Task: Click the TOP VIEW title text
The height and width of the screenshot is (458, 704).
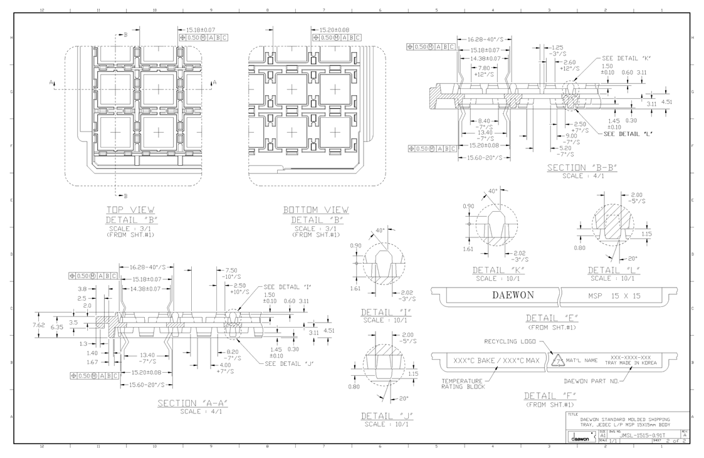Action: [x=130, y=209]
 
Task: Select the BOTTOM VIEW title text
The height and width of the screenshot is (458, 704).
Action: [x=316, y=209]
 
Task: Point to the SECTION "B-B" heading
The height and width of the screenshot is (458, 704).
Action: [x=582, y=167]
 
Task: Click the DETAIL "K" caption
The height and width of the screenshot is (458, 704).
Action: [x=499, y=270]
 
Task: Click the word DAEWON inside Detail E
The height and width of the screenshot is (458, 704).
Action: [x=513, y=295]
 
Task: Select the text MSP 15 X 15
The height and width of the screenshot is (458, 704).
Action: [x=614, y=296]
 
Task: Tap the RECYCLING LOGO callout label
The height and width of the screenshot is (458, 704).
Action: [x=509, y=341]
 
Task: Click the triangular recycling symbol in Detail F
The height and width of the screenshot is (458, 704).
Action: [x=557, y=362]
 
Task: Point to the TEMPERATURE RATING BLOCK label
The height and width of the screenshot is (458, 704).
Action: [x=462, y=383]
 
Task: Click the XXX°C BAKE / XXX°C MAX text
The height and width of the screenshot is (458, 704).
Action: [x=496, y=362]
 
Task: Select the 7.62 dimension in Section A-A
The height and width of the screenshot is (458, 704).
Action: [x=39, y=325]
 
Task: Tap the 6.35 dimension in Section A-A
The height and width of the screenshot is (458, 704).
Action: [x=56, y=326]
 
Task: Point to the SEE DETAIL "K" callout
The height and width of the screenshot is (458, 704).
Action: [x=626, y=58]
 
